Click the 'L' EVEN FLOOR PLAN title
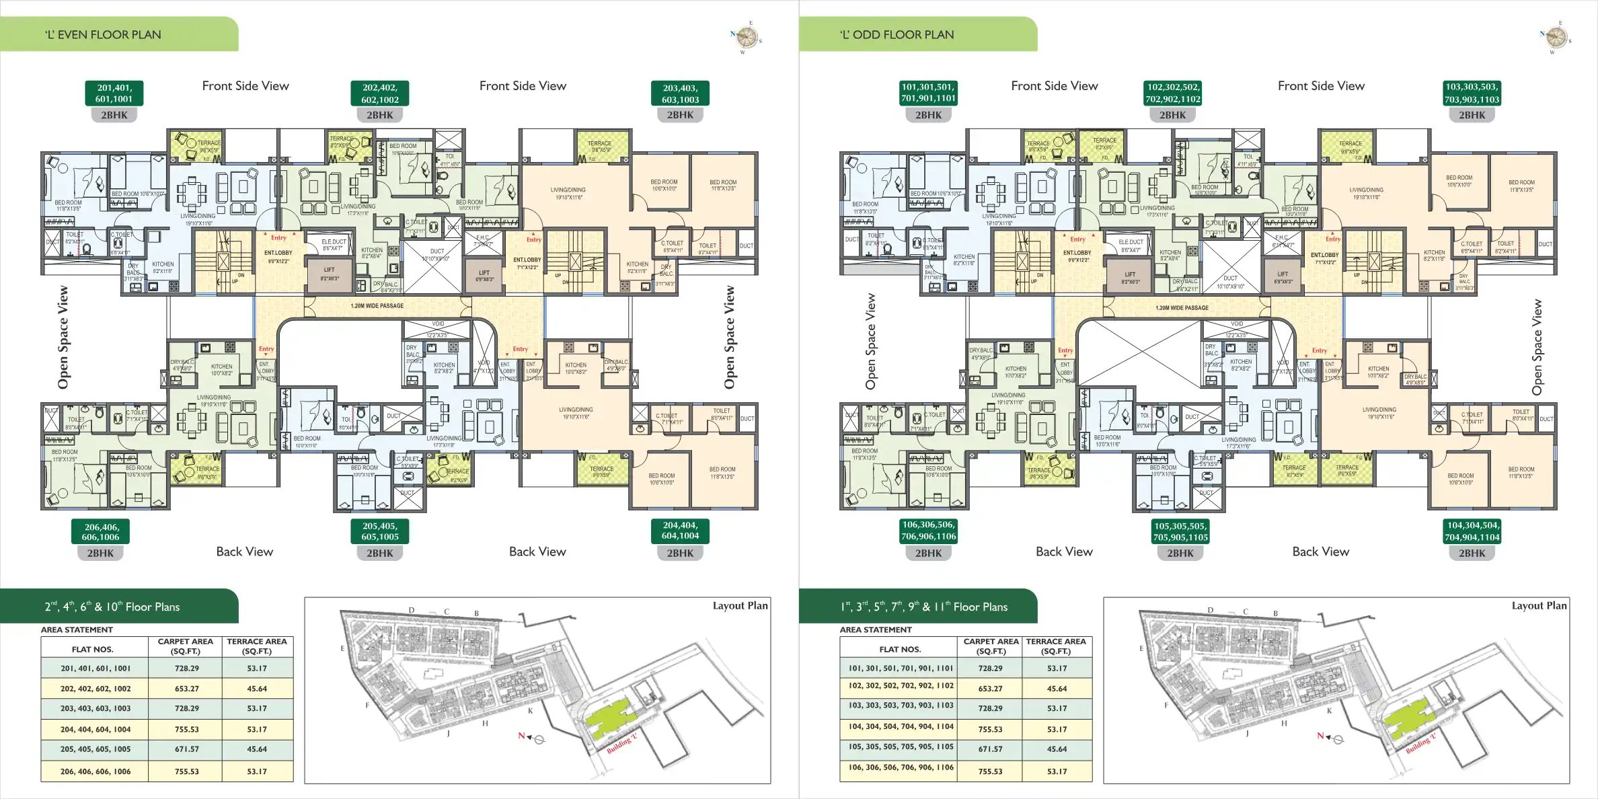coord(103,35)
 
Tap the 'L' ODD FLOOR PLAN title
coord(897,35)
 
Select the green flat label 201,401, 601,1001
coord(114,93)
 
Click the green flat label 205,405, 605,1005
coord(380,531)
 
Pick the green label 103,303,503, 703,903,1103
coord(1472,93)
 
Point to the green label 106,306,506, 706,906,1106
coord(928,531)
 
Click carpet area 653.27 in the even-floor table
coord(186,689)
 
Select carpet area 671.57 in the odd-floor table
coord(990,749)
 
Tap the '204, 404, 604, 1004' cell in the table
coord(95,729)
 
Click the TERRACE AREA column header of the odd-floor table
coord(1056,646)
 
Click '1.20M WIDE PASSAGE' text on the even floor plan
coord(377,306)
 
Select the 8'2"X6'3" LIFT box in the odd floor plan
coord(1130,278)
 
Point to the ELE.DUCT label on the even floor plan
coord(334,245)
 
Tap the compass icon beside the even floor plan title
coord(747,37)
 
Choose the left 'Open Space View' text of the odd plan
coord(870,341)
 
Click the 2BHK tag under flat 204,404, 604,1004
coord(680,554)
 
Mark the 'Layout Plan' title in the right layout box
coord(1539,606)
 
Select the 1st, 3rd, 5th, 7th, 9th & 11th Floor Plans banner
coord(923,607)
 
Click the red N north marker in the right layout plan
coord(1320,736)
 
